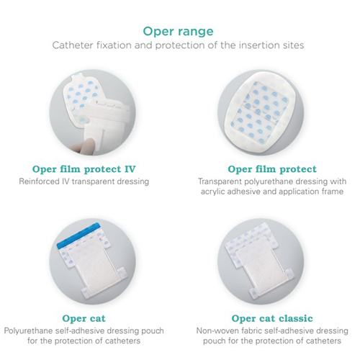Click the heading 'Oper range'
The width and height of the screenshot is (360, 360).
tap(180, 31)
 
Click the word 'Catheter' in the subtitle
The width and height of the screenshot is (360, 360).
tap(71, 46)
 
